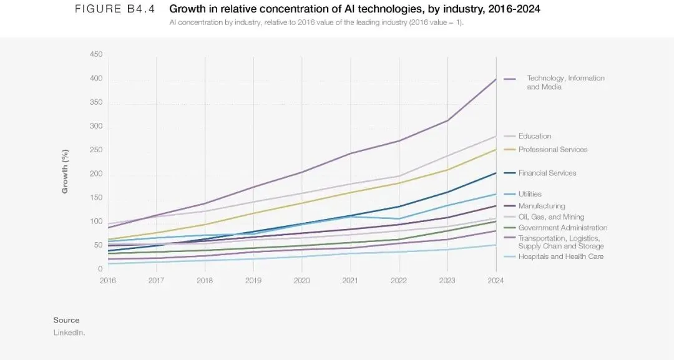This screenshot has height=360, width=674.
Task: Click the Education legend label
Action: (534, 136)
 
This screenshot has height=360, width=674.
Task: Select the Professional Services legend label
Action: (552, 150)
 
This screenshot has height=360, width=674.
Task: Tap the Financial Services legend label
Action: (547, 173)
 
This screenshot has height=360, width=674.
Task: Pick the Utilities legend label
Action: (530, 194)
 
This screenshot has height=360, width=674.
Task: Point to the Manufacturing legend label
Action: (541, 206)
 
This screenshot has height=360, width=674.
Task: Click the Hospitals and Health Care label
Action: (560, 256)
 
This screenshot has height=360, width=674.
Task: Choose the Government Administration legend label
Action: (562, 228)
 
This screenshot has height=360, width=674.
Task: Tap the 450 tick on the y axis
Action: (96, 54)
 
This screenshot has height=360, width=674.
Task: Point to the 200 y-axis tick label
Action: (96, 173)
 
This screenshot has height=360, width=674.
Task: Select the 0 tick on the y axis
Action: (100, 269)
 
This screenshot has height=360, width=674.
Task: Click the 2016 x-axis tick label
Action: (108, 280)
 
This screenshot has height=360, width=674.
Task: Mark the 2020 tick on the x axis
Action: (302, 280)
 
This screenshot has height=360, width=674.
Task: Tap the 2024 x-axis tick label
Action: (496, 280)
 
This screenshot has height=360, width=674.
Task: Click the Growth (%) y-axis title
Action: (65, 171)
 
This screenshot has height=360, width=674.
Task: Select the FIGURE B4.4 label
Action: (114, 9)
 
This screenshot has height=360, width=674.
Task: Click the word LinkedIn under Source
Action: (69, 333)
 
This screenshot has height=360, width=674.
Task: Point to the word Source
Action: (66, 320)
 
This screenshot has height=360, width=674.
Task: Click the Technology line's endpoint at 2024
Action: (496, 79)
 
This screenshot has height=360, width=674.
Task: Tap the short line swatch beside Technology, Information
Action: (510, 79)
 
